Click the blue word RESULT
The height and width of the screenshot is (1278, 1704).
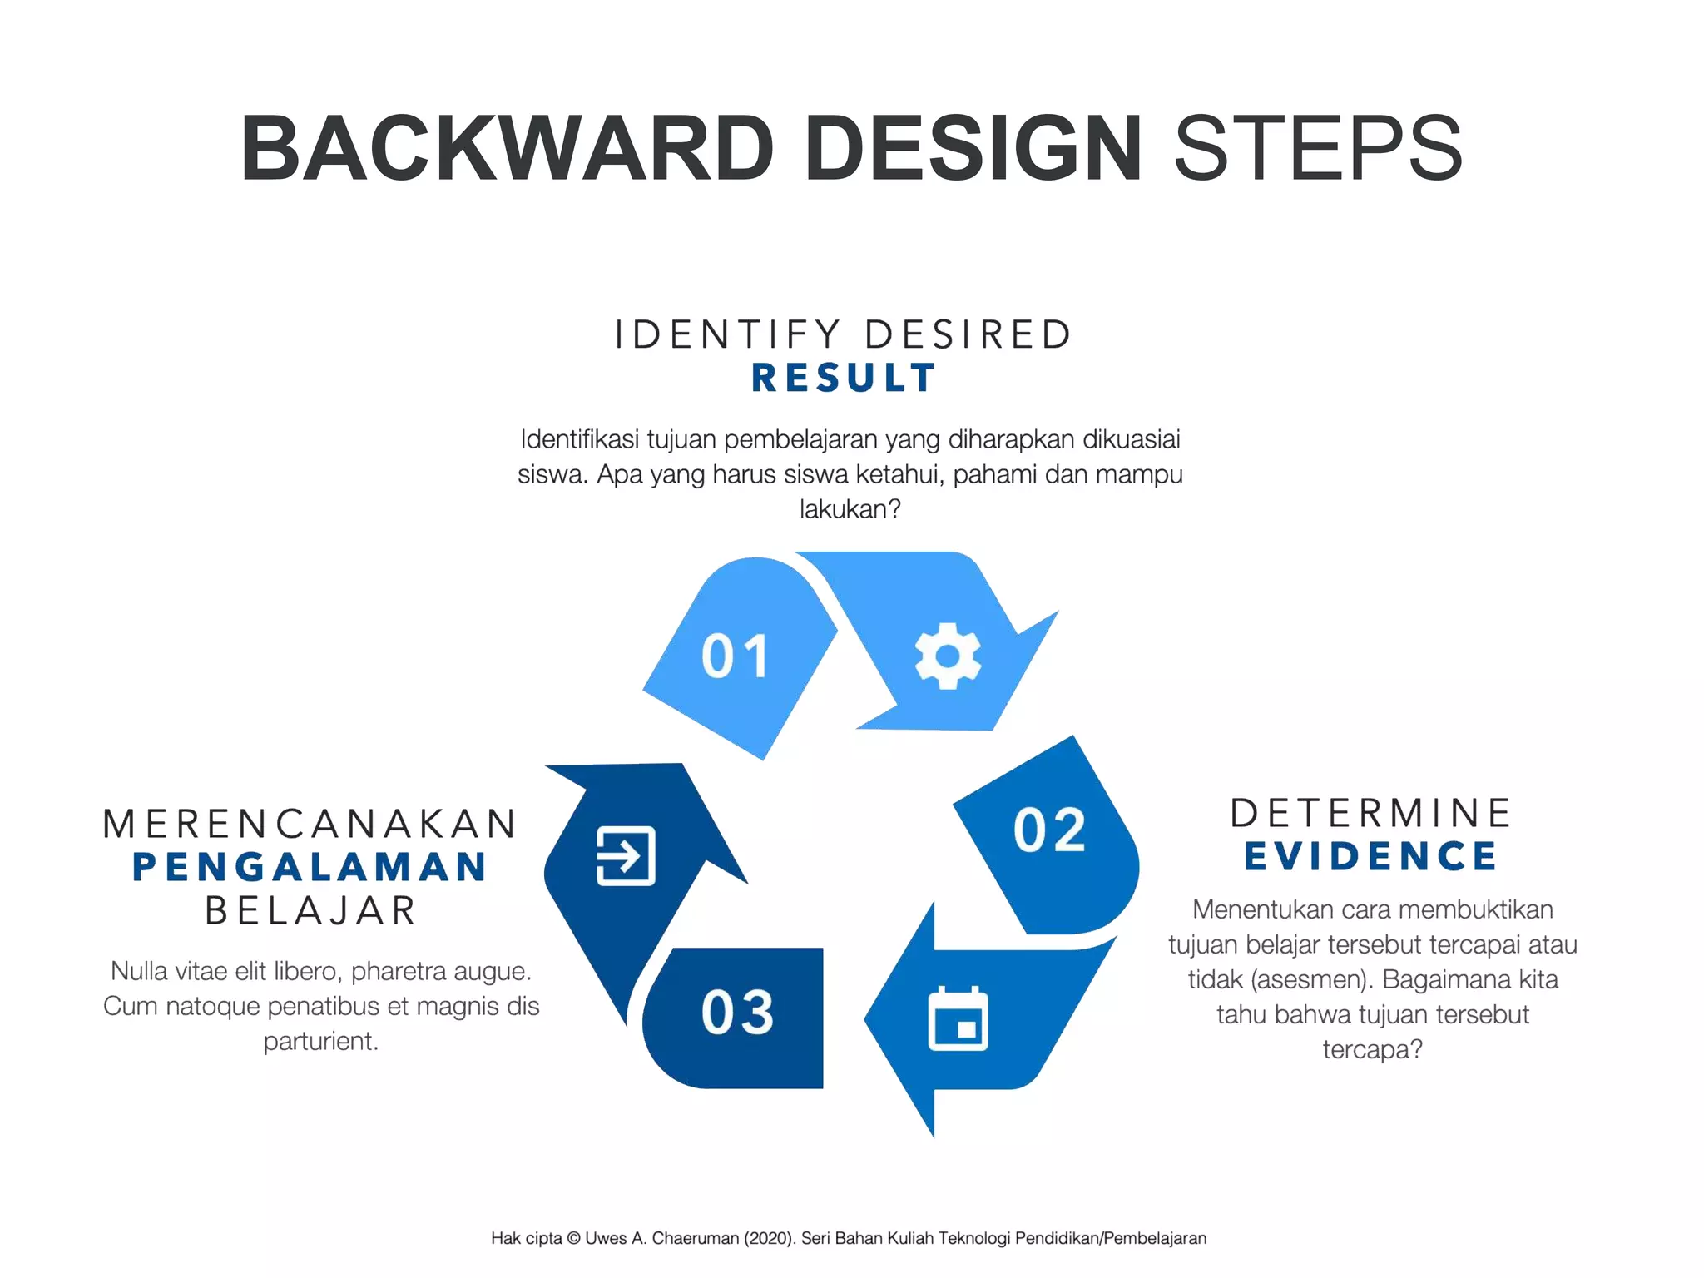click(x=844, y=378)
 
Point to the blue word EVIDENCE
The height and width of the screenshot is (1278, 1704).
click(x=1371, y=856)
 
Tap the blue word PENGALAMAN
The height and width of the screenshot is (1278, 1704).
click(x=310, y=867)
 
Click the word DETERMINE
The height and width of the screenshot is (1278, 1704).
click(x=1371, y=813)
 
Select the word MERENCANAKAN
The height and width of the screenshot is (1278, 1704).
click(x=310, y=824)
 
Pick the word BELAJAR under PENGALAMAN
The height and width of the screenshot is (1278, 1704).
click(x=310, y=910)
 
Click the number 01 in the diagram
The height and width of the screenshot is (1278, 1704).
click(x=735, y=656)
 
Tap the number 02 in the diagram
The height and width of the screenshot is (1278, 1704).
click(x=1050, y=830)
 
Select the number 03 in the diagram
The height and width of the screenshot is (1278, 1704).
click(x=737, y=1012)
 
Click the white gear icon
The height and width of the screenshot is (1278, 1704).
click(x=948, y=656)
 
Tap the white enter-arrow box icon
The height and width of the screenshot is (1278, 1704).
click(x=626, y=855)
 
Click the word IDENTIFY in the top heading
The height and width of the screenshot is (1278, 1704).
click(x=727, y=334)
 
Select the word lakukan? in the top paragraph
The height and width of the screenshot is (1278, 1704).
click(x=850, y=508)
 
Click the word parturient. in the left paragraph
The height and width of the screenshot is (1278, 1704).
click(x=321, y=1041)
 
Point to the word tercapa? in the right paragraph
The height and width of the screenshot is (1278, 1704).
click(x=1372, y=1049)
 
